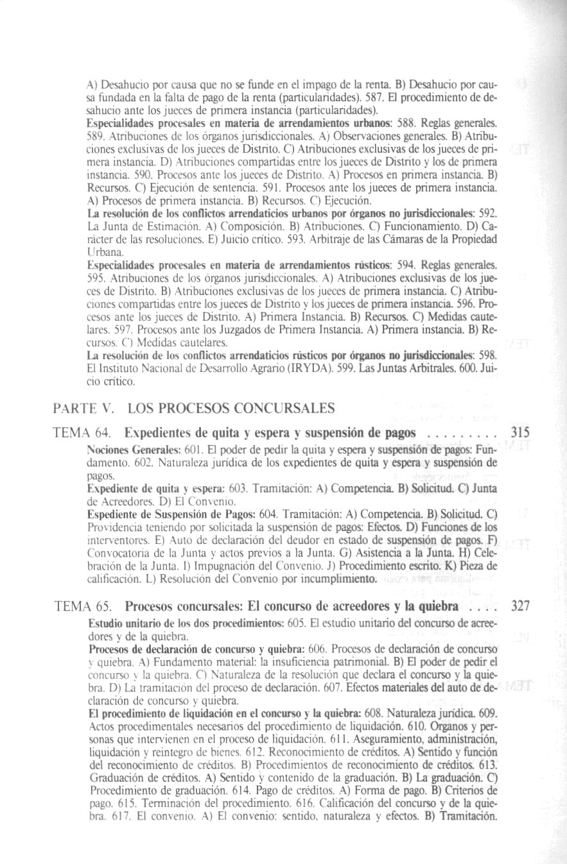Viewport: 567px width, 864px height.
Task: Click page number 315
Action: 518,432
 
